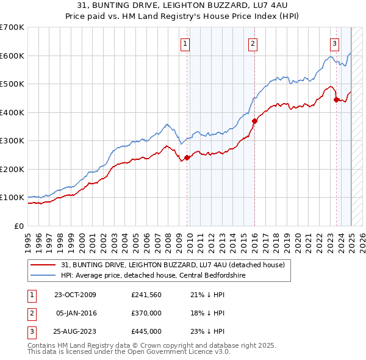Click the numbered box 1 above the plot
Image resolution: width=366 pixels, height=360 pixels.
(184, 43)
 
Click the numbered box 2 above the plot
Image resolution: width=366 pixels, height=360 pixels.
(252, 43)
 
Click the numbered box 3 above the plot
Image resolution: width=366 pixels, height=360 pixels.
(335, 43)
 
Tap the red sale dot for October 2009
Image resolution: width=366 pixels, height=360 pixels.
(187, 157)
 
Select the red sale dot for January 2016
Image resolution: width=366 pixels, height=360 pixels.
(254, 121)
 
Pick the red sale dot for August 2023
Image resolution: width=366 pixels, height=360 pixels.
(336, 100)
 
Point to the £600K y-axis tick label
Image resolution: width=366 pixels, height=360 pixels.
(12, 56)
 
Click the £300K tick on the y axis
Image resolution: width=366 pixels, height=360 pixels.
(12, 140)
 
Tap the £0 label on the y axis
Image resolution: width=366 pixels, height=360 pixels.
(18, 226)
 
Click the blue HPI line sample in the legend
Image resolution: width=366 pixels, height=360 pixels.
(44, 275)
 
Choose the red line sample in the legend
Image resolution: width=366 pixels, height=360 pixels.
(44, 265)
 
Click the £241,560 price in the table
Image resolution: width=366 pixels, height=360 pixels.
(146, 295)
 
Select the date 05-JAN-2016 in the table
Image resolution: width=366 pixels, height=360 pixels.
(76, 313)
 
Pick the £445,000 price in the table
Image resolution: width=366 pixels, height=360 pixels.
(146, 331)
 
